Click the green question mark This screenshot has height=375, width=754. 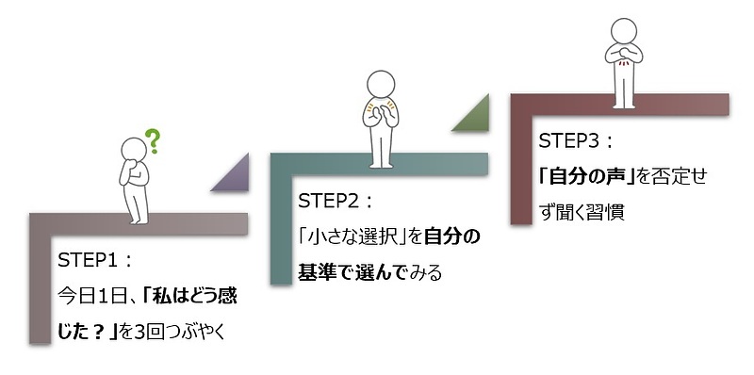point(154,141)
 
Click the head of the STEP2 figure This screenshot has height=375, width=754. point(382,83)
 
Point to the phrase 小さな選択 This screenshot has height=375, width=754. point(352,236)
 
